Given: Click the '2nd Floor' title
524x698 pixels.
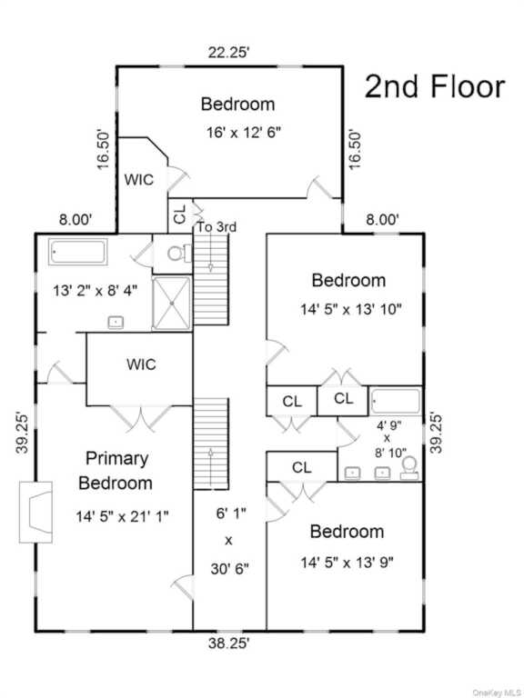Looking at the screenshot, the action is point(435,86).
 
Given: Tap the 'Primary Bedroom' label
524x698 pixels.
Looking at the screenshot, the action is point(116,471).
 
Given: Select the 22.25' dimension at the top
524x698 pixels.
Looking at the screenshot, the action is point(228,53).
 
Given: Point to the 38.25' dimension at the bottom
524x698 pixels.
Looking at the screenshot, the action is point(228,643).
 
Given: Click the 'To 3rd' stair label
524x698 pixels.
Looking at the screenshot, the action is point(217,227).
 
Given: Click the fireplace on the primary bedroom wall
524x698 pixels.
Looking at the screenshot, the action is point(35,513).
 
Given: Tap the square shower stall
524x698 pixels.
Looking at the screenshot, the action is point(172,304).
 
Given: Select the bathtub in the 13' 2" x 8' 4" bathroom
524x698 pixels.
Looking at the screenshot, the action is point(78,252).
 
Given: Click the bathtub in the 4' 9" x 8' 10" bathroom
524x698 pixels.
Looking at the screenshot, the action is point(396,402).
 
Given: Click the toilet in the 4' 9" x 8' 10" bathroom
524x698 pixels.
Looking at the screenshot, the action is point(409,468).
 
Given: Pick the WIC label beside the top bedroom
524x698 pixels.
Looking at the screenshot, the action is point(138,180).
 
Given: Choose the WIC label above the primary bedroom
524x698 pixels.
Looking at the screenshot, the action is point(141,364).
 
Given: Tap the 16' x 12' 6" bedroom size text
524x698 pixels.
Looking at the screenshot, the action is point(244,132).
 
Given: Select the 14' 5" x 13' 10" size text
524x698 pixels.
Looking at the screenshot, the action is point(351,309).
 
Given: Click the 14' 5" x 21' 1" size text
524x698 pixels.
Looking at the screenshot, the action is point(122,517).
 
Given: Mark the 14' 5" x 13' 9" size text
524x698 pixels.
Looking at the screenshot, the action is point(348,563).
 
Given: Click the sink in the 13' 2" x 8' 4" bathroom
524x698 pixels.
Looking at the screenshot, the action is point(116,323).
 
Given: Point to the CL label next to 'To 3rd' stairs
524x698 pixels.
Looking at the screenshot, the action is point(179,216).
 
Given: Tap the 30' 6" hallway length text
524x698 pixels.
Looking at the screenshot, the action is point(229,568).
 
